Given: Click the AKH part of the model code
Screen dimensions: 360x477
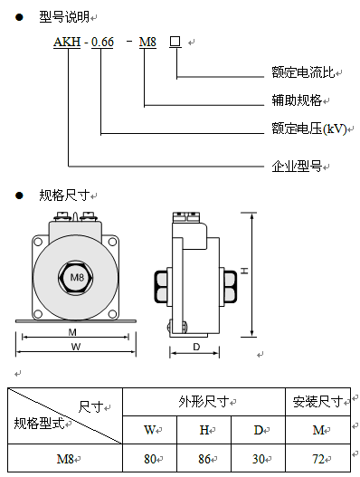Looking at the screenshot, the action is [x=67, y=42].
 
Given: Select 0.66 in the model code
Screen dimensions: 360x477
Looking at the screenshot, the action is [x=102, y=42].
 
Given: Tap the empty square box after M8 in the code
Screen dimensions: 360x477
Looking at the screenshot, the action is [x=175, y=42].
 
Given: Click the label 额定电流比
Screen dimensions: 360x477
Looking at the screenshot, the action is [x=303, y=72].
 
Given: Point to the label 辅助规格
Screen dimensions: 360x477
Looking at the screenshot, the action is [x=297, y=100].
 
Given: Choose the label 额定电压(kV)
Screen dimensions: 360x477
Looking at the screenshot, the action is [x=309, y=129].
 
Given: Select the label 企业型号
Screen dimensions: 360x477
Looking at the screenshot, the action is [x=297, y=167].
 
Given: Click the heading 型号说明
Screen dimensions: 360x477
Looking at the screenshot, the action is [x=64, y=16].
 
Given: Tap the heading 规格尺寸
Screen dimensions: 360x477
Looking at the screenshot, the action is [x=64, y=195].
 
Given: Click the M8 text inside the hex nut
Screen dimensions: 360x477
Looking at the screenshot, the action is [x=77, y=277].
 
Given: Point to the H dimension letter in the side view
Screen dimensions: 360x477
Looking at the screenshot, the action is [x=244, y=271].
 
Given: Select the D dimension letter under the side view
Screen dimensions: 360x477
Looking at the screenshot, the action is [x=196, y=347].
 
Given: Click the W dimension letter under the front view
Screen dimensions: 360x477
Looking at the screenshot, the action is [x=76, y=347].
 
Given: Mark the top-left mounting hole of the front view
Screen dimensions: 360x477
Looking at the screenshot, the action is [x=38, y=243].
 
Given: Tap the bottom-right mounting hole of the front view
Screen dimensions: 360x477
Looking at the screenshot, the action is [x=112, y=314].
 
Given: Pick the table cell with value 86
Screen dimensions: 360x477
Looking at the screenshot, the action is [x=204, y=458].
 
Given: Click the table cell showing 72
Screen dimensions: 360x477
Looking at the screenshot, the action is [x=318, y=458].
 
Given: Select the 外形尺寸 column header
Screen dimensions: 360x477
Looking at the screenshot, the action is [x=204, y=402].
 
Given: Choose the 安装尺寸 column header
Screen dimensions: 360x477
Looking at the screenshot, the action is [x=317, y=402].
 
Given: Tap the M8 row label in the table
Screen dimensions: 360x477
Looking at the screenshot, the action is [x=65, y=458].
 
